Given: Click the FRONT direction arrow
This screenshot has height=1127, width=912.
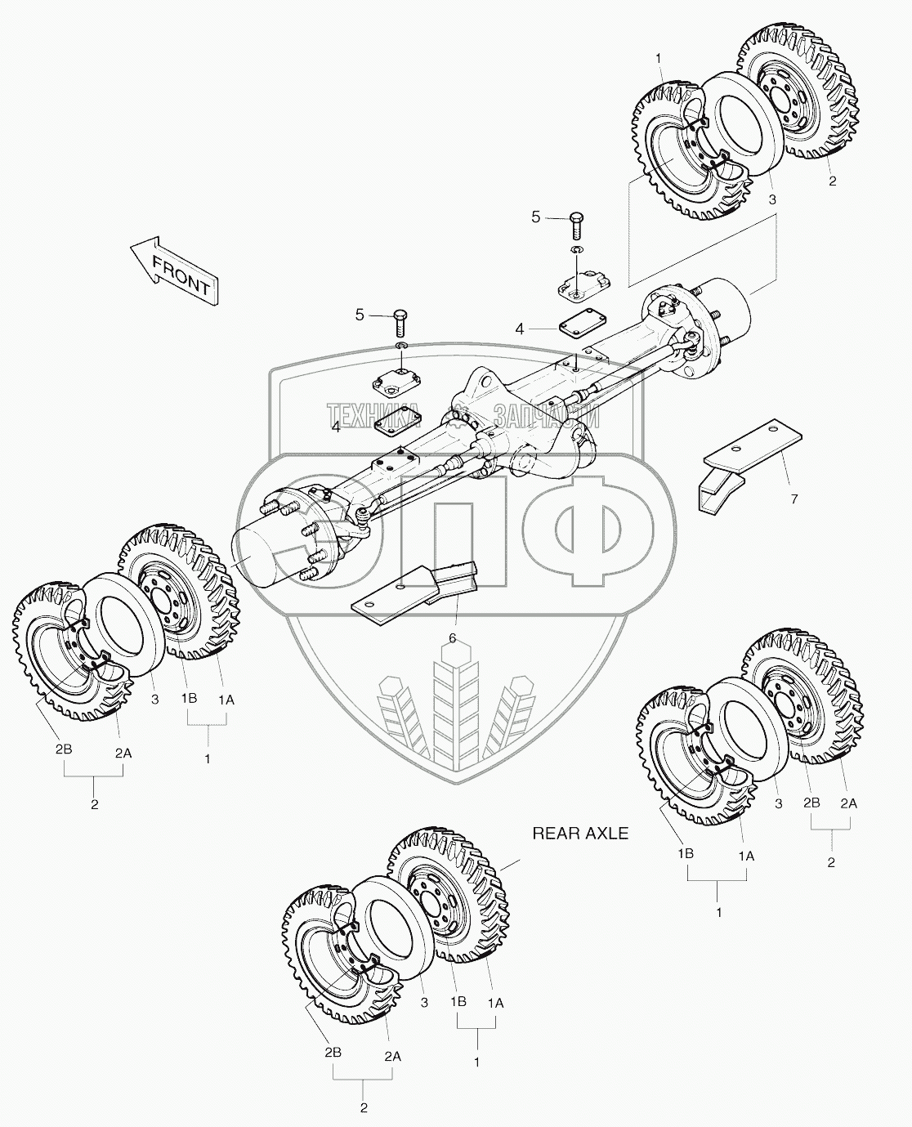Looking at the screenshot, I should [173, 270].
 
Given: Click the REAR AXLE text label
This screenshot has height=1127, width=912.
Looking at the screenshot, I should [580, 834].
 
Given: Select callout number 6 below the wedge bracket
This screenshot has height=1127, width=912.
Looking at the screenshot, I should [452, 637].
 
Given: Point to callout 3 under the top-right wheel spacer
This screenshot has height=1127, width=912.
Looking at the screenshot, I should [771, 199].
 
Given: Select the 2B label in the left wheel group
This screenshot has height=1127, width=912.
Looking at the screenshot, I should [64, 750].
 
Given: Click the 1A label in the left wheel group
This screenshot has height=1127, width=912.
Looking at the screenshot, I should [226, 699].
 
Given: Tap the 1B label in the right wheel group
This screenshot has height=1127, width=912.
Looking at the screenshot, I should [685, 854].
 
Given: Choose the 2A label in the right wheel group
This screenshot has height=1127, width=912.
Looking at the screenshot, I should [848, 803].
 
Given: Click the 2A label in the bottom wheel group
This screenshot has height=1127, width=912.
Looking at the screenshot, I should [392, 1056].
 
